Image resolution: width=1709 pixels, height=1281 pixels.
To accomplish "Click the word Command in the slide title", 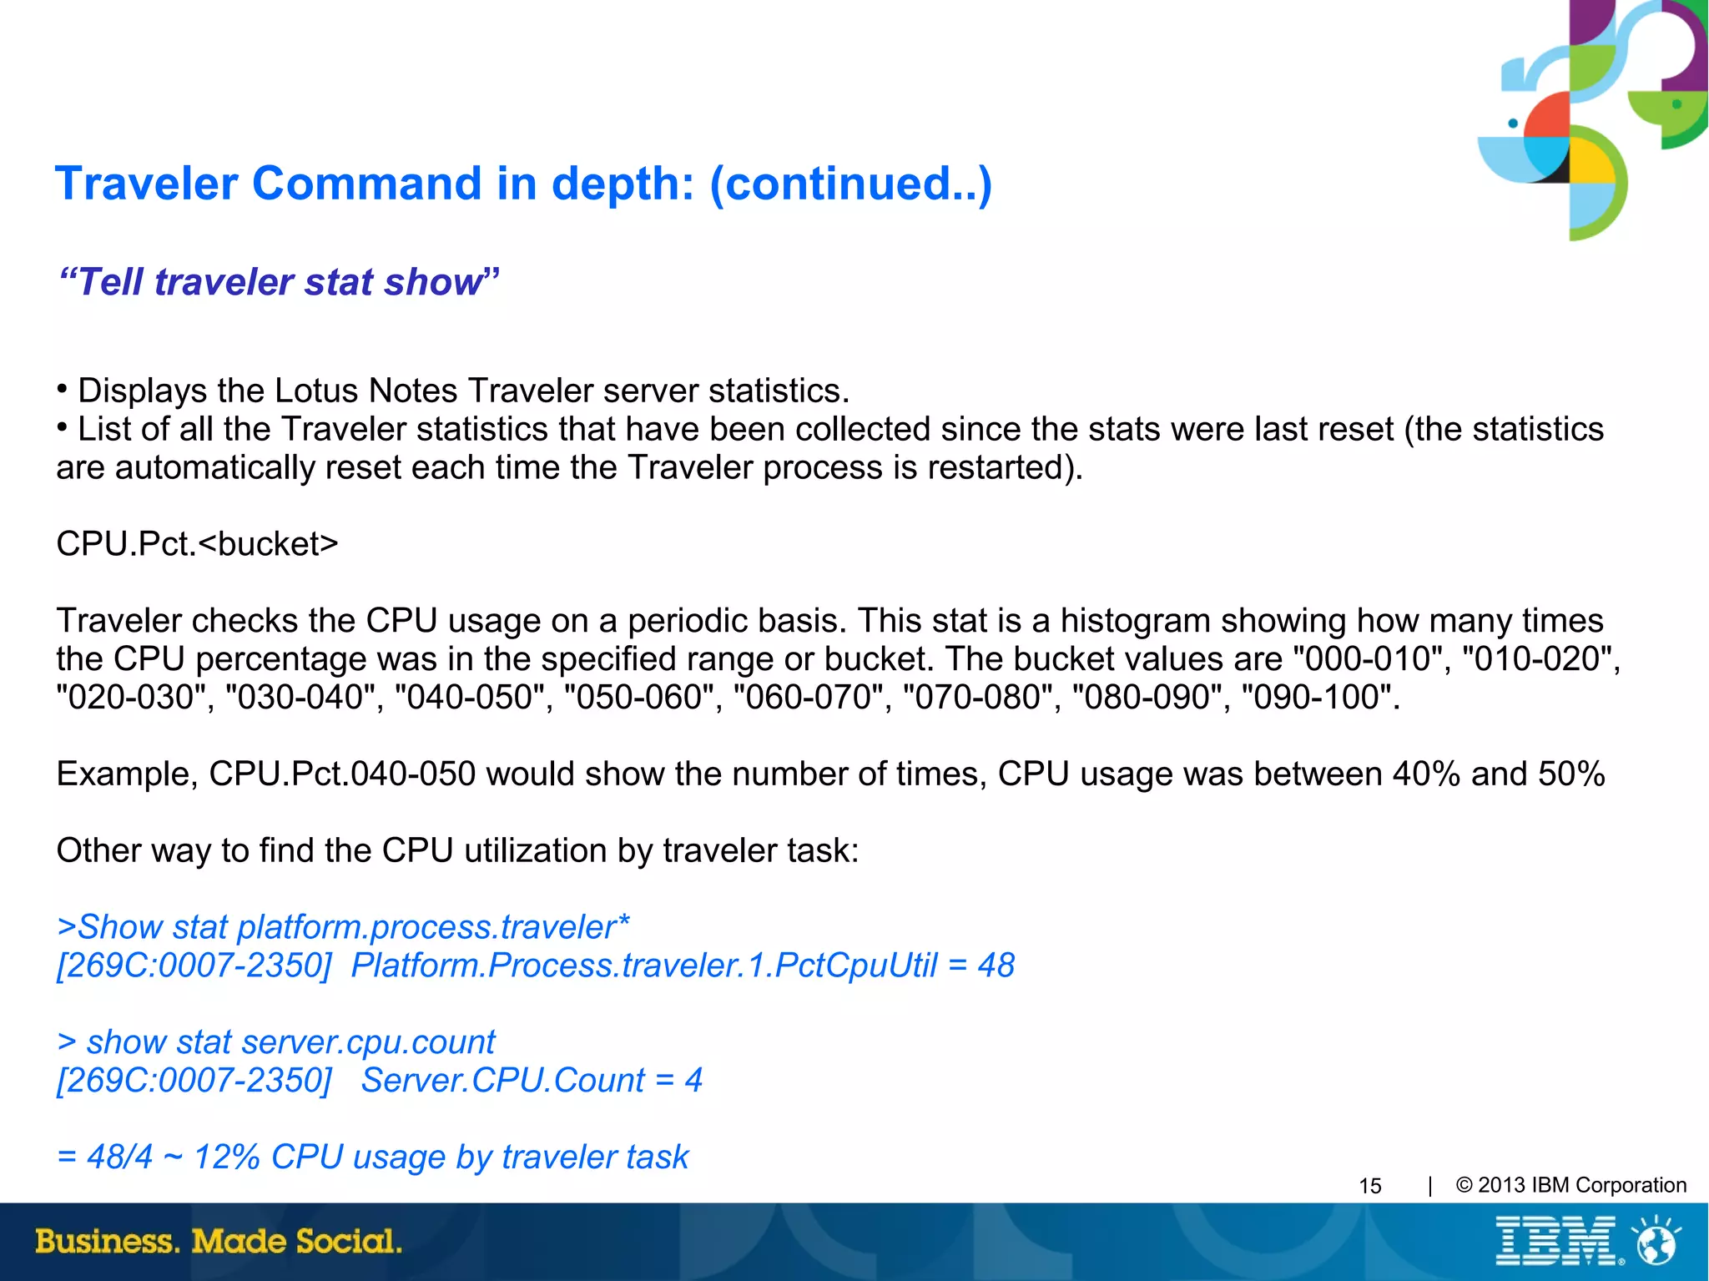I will point(366,184).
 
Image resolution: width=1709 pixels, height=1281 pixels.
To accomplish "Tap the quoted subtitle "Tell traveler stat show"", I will point(279,282).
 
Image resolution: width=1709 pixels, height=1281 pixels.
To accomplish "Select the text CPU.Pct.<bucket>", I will point(197,544).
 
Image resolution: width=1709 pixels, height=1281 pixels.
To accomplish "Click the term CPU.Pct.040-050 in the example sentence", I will point(342,774).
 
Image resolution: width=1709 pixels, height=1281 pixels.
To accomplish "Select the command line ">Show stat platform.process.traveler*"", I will point(343,927).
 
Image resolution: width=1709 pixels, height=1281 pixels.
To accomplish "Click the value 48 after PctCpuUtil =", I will point(996,966).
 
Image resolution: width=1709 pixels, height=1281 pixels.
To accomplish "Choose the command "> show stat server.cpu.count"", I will point(276,1042).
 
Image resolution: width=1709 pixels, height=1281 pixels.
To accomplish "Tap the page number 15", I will point(1370,1186).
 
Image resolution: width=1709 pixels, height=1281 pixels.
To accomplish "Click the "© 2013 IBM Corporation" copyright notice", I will point(1570,1185).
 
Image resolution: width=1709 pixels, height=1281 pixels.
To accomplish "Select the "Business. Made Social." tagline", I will point(219,1241).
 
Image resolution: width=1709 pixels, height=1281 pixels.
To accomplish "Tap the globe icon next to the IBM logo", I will point(1656,1241).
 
